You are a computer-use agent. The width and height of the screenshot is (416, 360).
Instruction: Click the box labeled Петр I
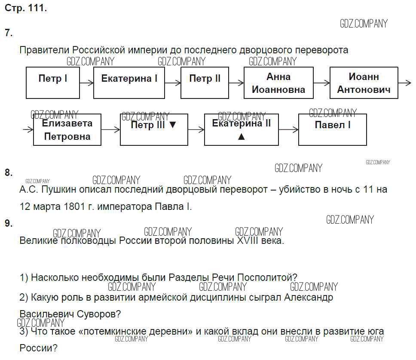[53, 83]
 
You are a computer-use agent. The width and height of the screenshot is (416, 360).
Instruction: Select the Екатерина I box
[129, 83]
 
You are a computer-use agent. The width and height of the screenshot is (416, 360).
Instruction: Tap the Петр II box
[205, 83]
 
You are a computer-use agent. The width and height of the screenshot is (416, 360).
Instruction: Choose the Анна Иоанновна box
[278, 83]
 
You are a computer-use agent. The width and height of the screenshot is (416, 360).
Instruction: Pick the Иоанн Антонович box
[364, 83]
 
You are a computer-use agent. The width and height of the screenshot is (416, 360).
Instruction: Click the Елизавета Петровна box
[67, 129]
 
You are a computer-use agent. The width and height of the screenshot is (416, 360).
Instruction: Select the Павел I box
[333, 129]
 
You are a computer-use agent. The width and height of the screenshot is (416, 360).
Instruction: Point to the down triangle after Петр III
[173, 125]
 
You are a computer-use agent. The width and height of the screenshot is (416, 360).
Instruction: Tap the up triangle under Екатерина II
[241, 137]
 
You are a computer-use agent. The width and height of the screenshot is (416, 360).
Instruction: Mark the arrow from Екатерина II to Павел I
[288, 129]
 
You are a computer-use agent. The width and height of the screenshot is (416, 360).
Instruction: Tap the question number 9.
[9, 223]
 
